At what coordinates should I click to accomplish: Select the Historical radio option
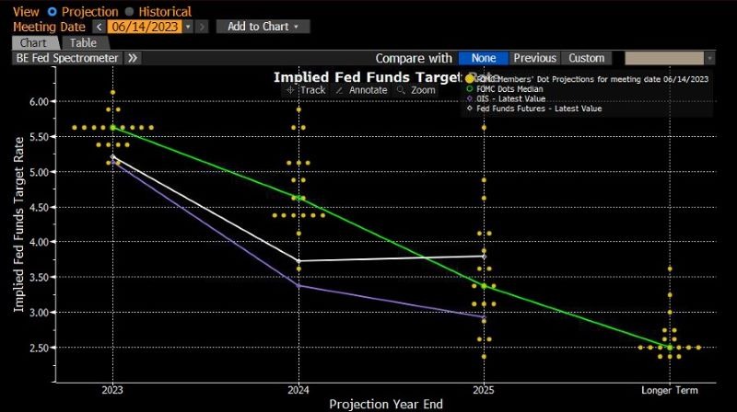click(x=129, y=12)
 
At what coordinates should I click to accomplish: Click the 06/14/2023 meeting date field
click(x=144, y=27)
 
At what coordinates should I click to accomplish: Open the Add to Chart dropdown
click(x=263, y=27)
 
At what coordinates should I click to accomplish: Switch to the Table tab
click(x=83, y=42)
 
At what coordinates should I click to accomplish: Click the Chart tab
click(x=35, y=42)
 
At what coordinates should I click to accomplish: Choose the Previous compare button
click(x=534, y=58)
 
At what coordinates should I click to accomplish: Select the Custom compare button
click(x=586, y=58)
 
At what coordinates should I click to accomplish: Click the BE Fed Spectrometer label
click(x=67, y=58)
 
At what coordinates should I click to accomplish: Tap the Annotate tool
click(x=361, y=90)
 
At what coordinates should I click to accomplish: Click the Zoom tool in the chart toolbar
click(x=416, y=90)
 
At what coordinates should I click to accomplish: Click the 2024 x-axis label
click(x=298, y=390)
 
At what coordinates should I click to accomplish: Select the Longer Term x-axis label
click(x=670, y=390)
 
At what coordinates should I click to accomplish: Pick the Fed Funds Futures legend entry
click(x=551, y=109)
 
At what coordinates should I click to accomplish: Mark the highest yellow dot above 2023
click(x=112, y=92)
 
